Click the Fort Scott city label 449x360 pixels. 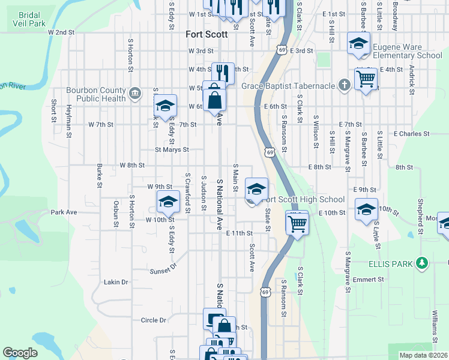pyautogui.click(x=206, y=34)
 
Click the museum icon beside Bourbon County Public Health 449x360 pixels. pyautogui.click(x=134, y=93)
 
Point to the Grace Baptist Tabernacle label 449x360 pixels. pyautogui.click(x=288, y=86)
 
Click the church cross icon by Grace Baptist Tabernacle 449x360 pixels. pyautogui.click(x=344, y=85)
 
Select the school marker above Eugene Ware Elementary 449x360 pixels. pyautogui.click(x=358, y=43)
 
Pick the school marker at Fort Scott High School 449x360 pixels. pyautogui.click(x=256, y=189)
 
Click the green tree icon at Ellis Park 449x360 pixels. pyautogui.click(x=423, y=262)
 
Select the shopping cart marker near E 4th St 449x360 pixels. pyautogui.click(x=366, y=78)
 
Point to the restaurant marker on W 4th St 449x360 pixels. pyautogui.click(x=223, y=73)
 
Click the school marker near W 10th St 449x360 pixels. pyautogui.click(x=168, y=202)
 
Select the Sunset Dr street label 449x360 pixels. pyautogui.click(x=163, y=268)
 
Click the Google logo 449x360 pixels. pyautogui.click(x=20, y=353)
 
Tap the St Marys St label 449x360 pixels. pyautogui.click(x=172, y=149)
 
